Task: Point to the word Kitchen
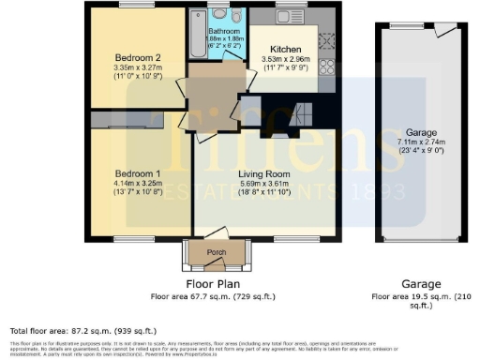[284, 49]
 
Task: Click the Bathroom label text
[223, 30]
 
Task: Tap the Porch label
[216, 251]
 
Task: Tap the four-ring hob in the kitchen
[329, 65]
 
